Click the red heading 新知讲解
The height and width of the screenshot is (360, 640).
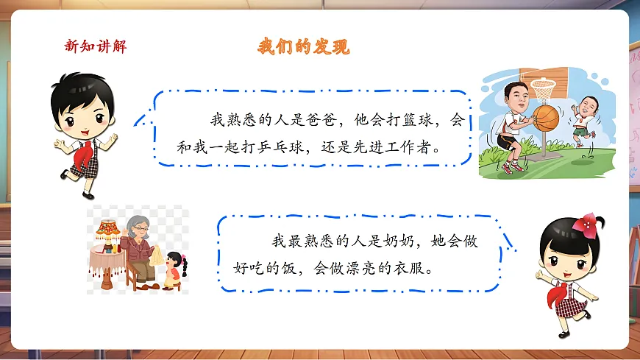(x=96, y=46)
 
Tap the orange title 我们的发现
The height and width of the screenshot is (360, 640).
(x=303, y=46)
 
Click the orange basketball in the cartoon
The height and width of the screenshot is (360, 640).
(x=546, y=117)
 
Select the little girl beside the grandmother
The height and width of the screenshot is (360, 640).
(x=173, y=269)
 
